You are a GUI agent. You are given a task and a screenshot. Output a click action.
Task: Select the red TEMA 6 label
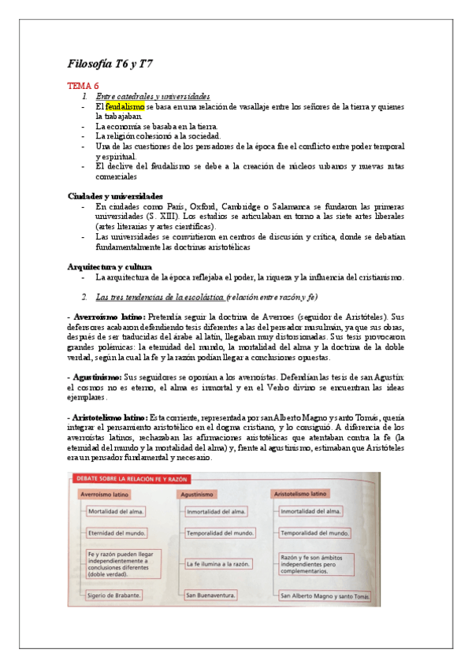84,85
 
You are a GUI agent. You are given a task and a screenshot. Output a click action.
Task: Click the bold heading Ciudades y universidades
115,195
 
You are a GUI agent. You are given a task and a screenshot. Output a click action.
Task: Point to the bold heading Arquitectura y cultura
109,266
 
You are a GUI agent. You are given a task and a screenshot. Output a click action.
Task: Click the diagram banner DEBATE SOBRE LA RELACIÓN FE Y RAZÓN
133,479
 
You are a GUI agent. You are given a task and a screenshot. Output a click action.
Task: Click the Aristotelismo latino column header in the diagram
300,494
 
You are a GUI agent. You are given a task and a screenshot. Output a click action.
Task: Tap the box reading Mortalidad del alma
117,511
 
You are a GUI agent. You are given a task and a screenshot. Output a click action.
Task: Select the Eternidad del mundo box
117,533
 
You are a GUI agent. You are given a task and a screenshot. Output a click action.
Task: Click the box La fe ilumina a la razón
218,564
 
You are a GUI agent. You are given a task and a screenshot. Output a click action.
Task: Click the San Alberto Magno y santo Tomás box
324,596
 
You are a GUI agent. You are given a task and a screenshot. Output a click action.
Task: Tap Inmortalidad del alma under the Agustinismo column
216,511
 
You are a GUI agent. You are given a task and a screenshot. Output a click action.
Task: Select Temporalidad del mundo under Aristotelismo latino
314,533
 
